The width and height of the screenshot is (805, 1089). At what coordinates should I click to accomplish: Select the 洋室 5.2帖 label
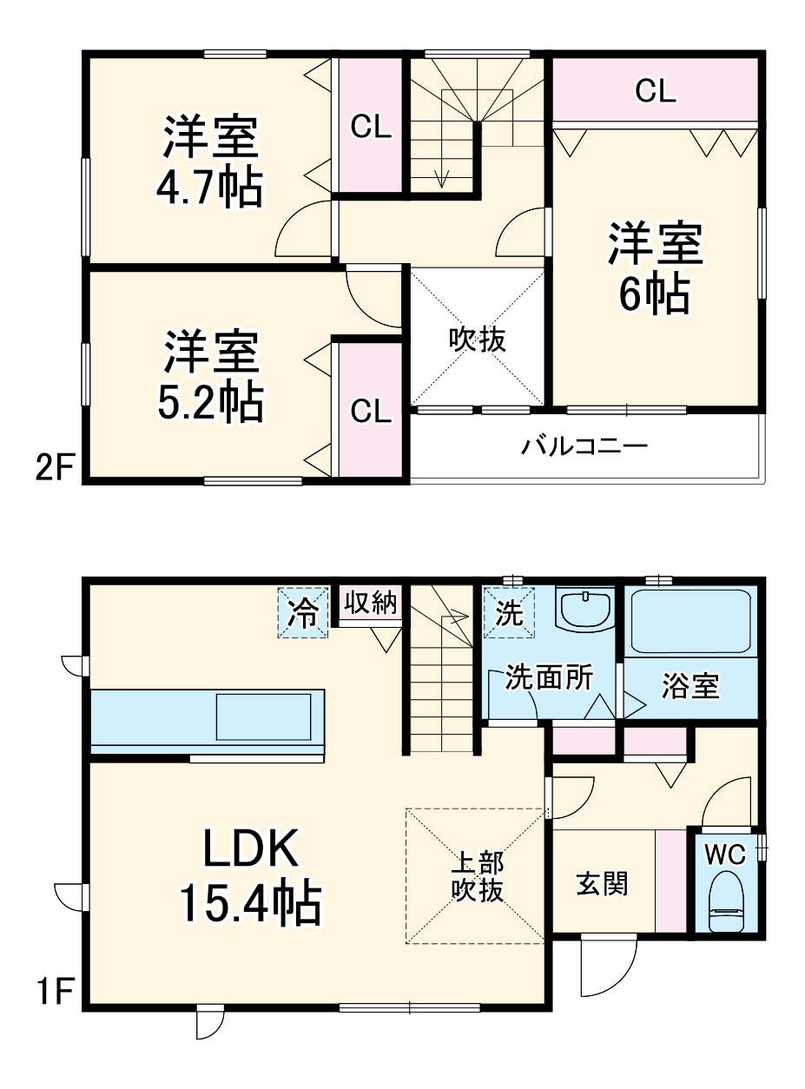tap(211, 374)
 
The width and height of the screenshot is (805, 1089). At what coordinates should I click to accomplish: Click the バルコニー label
tap(584, 447)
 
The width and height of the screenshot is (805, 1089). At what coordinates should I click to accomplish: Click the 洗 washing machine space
tap(510, 612)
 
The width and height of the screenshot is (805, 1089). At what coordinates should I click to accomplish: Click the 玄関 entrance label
tap(603, 885)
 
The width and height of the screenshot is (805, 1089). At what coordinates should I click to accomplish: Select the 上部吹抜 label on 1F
tap(477, 876)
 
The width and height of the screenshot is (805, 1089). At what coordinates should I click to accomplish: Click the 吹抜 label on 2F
tap(477, 340)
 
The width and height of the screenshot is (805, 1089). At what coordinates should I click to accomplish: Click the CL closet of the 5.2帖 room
tap(371, 411)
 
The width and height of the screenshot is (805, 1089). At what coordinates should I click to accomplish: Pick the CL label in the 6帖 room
tap(656, 90)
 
